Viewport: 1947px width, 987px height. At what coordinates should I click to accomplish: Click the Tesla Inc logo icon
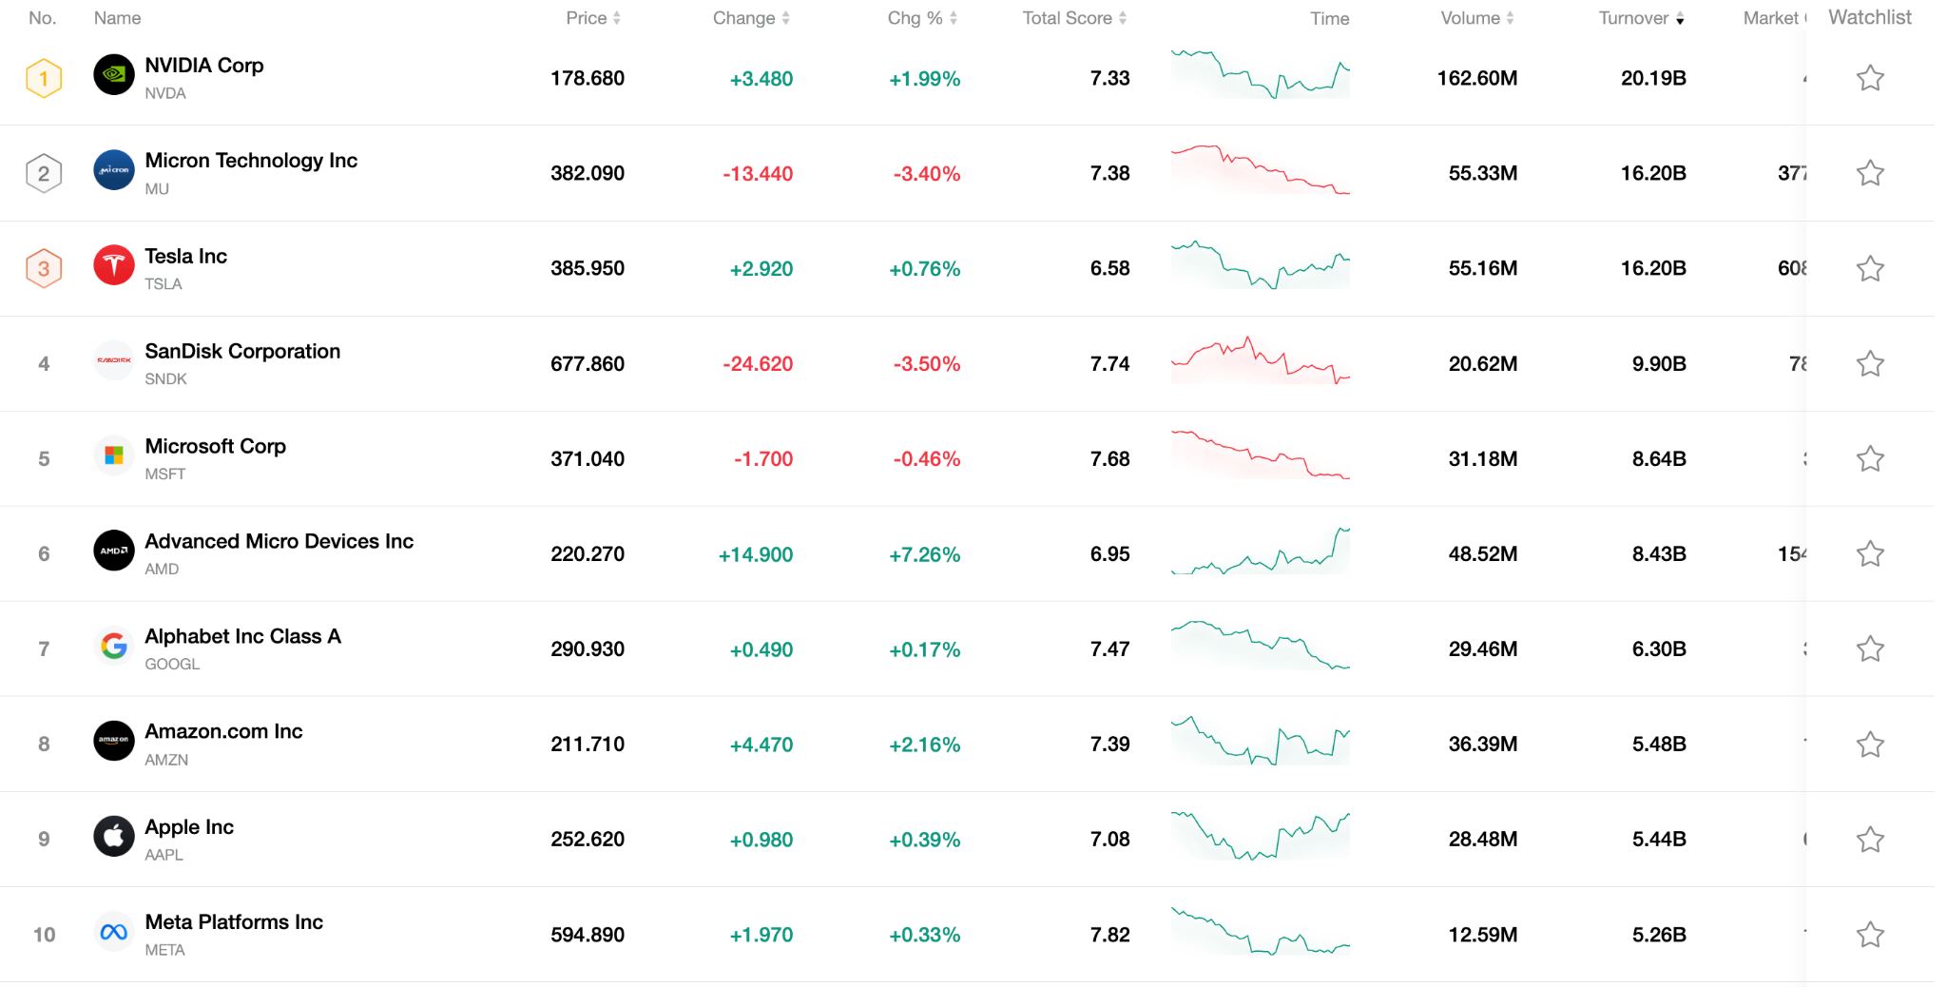pos(114,265)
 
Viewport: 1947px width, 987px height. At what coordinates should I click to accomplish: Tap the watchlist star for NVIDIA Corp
pos(1870,78)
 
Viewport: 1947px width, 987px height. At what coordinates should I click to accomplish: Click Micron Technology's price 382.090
pos(588,173)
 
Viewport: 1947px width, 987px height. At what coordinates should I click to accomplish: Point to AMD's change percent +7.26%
pos(924,554)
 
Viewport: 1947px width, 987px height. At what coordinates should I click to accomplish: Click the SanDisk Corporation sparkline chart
pos(1260,361)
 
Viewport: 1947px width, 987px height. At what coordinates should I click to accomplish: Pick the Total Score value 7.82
pos(1109,935)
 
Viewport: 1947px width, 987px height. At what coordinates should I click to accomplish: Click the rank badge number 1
pos(44,78)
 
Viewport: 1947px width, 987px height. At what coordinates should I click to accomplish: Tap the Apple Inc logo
pos(114,837)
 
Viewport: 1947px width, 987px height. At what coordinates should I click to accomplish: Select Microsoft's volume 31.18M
pos(1482,458)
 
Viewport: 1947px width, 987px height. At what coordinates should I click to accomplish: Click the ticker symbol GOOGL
pos(172,664)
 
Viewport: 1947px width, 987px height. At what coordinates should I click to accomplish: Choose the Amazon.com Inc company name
pos(223,731)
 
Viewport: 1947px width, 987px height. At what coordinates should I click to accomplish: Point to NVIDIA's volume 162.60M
pos(1476,78)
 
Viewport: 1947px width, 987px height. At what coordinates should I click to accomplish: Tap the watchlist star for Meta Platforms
pos(1870,935)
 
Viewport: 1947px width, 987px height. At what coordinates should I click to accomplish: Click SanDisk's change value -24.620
pos(757,363)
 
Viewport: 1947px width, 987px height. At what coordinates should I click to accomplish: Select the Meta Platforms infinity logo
pos(114,932)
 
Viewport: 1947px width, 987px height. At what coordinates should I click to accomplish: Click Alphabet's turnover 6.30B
pos(1659,648)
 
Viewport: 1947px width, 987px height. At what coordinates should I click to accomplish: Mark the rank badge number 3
pos(44,268)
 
